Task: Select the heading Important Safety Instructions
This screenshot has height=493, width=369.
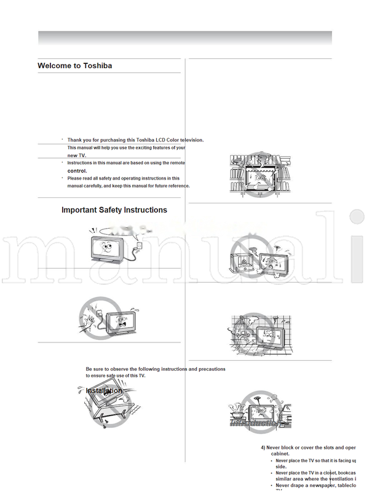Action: tap(114, 210)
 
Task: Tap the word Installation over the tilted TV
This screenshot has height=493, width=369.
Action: tap(103, 391)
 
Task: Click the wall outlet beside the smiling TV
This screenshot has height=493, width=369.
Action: tap(138, 245)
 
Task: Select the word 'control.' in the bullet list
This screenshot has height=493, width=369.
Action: tap(77, 171)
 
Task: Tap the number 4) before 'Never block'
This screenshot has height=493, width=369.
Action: tap(263, 448)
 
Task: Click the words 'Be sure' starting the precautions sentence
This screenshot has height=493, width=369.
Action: tap(95, 369)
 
